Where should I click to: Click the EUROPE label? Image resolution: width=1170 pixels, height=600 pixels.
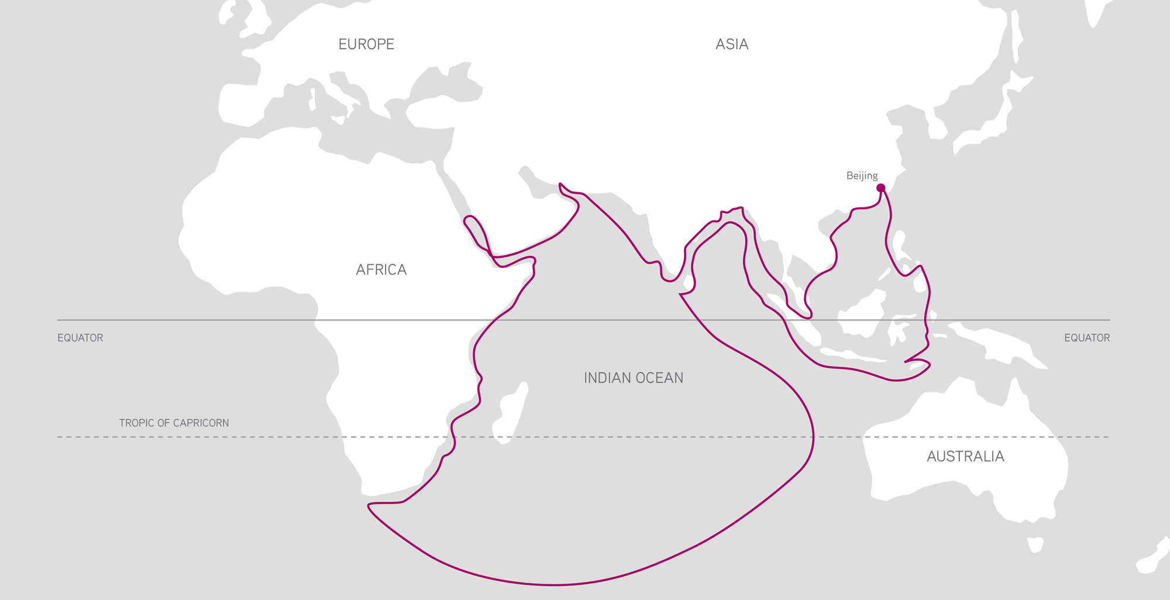tap(366, 44)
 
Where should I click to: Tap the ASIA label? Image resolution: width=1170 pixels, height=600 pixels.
tap(732, 44)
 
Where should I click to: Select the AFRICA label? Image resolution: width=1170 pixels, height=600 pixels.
tap(381, 270)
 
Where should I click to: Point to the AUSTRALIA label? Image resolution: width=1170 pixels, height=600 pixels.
tap(965, 456)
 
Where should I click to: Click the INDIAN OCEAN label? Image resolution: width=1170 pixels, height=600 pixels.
tap(633, 378)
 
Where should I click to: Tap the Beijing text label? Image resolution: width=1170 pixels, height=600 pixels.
tap(862, 175)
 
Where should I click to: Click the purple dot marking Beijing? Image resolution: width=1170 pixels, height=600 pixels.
tap(880, 188)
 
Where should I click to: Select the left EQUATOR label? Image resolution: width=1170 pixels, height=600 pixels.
tap(80, 338)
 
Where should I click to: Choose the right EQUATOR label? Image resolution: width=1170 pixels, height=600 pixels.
tap(1086, 338)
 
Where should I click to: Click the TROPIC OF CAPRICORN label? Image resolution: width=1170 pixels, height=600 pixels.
tap(174, 423)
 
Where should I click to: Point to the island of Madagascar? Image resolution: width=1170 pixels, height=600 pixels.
tap(509, 415)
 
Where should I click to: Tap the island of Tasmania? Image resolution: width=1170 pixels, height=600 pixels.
tap(1035, 544)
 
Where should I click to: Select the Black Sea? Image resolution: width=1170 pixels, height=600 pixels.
tap(445, 88)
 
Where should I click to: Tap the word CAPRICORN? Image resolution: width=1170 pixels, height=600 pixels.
tap(202, 423)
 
